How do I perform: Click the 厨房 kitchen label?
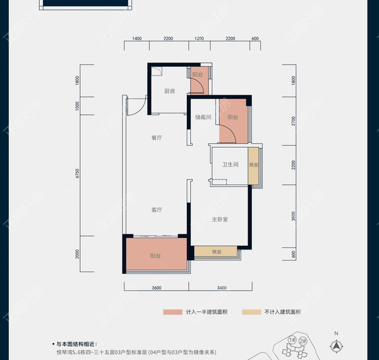[x=169, y=92]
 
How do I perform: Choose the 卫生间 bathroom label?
[x=229, y=165]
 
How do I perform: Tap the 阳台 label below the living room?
[x=155, y=256]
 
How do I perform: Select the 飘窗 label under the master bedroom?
[x=217, y=252]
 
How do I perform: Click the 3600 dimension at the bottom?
[x=157, y=288]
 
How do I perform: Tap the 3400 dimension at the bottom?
[x=221, y=288]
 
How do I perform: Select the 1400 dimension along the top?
[x=136, y=39]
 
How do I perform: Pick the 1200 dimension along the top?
[x=199, y=39]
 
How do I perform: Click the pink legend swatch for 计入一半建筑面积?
[x=171, y=312]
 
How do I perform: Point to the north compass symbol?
[x=337, y=345]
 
